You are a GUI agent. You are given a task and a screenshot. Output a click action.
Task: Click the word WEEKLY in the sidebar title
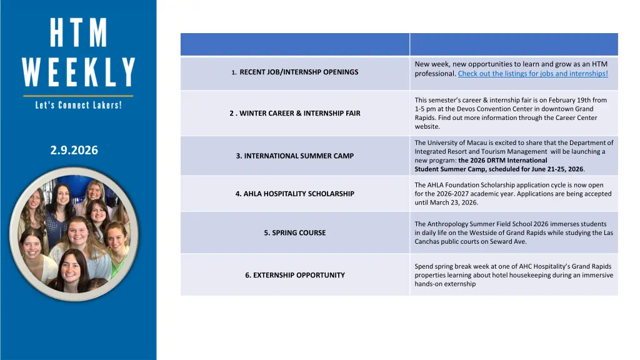pyautogui.click(x=79, y=72)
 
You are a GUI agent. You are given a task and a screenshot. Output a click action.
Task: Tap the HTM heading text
pyautogui.click(x=79, y=32)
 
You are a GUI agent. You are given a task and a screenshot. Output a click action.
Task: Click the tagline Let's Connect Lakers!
pyautogui.click(x=78, y=105)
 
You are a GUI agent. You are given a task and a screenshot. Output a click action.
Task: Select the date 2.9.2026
pyautogui.click(x=74, y=150)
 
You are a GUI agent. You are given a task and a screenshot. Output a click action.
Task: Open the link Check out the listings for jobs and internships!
pyautogui.click(x=532, y=74)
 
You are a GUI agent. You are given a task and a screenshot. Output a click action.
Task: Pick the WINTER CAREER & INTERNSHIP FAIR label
pyautogui.click(x=295, y=113)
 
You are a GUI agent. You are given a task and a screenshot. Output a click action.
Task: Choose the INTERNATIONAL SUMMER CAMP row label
pyautogui.click(x=295, y=156)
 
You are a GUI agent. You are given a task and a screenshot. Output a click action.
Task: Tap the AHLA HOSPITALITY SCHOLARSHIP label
pyautogui.click(x=295, y=194)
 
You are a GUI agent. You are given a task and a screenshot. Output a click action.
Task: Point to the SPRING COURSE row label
pyautogui.click(x=295, y=232)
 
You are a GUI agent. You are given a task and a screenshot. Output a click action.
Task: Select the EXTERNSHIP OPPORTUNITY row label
pyautogui.click(x=295, y=275)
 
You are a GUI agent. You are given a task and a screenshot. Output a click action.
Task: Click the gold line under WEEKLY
pyautogui.click(x=78, y=96)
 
